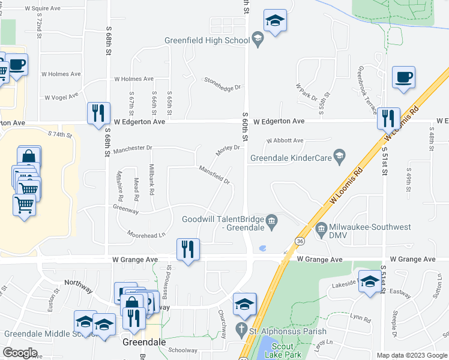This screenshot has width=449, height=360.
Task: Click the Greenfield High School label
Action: point(206,41)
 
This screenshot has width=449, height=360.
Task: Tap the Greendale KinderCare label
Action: point(299,159)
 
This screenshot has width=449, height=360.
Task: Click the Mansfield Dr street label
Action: point(214,175)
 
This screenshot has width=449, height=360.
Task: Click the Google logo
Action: point(19,353)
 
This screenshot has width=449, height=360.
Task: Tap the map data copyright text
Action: point(411,355)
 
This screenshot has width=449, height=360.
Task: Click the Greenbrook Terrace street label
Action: point(367,90)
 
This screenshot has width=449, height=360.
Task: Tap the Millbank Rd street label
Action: point(151,182)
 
